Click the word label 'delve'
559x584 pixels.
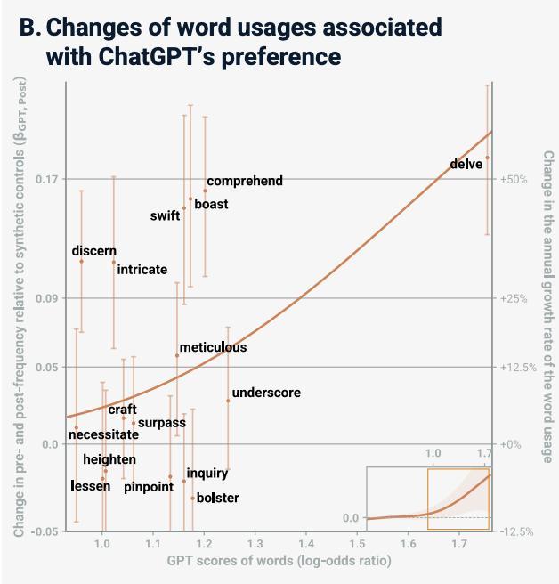tap(466, 164)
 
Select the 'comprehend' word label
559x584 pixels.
tap(245, 181)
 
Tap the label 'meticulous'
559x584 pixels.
tap(213, 347)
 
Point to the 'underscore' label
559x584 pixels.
tap(266, 393)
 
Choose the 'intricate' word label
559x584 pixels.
tap(142, 269)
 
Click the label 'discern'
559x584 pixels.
tap(94, 251)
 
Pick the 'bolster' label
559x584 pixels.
tap(217, 498)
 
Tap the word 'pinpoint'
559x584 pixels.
tap(149, 487)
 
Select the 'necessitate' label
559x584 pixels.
tap(103, 434)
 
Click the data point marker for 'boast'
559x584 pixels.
tap(190, 199)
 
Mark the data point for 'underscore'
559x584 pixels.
tap(228, 401)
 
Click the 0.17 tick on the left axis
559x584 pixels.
tap(46, 180)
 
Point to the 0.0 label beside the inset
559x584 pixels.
tap(351, 518)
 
